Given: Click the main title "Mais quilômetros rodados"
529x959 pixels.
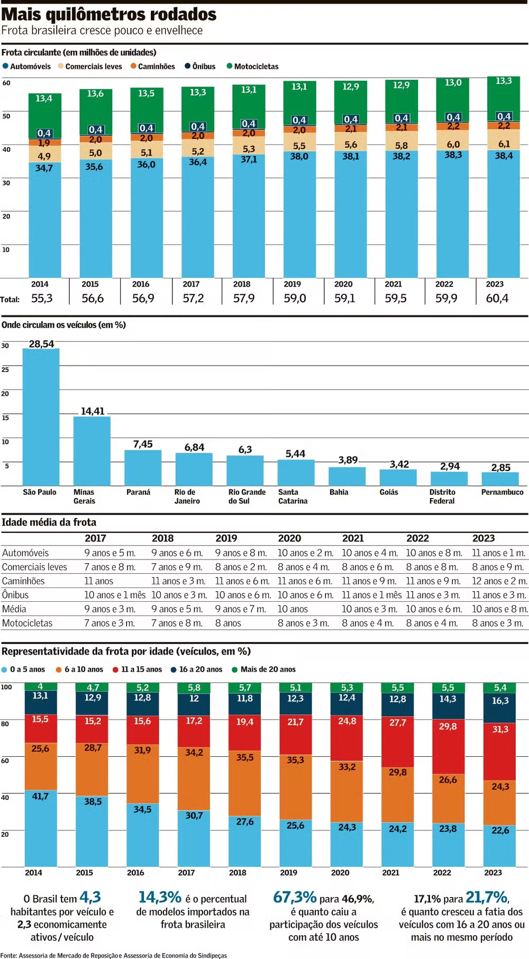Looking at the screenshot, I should tap(109, 14).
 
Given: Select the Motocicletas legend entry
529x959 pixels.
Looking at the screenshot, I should tap(253, 67).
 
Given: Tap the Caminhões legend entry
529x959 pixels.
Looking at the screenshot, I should tap(153, 67).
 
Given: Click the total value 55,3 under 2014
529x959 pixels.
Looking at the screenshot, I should tap(42, 298).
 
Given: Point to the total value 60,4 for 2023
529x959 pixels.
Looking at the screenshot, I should tap(497, 298).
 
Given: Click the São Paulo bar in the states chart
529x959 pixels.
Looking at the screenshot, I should tap(41, 418).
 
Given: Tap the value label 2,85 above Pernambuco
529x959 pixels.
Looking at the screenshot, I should tap(500, 467).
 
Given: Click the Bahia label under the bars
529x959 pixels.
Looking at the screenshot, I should tap(339, 492).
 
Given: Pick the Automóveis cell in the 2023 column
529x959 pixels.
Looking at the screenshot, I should tap(498, 553).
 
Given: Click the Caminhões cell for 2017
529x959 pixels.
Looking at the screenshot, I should tap(99, 581).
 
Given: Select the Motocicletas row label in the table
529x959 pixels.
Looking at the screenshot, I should tap(28, 623).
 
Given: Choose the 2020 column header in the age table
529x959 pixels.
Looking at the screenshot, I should tap(290, 538).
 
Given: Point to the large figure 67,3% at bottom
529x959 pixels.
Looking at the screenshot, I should tap(295, 897).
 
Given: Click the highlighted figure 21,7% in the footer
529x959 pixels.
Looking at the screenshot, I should tap(486, 897).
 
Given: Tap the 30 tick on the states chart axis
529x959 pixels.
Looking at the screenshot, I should tap(5, 346).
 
